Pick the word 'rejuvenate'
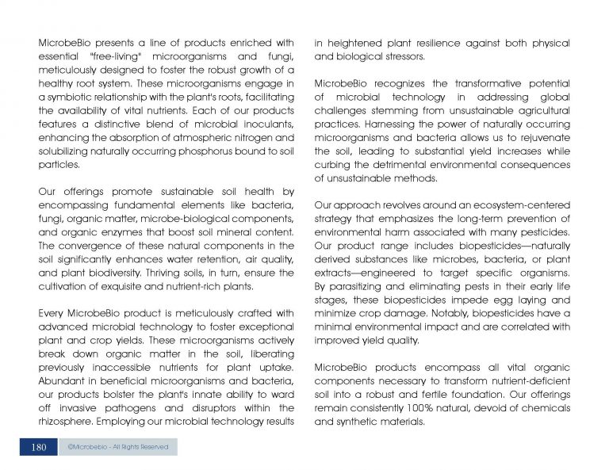pos(543,137)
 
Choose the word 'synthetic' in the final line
pos(362,422)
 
